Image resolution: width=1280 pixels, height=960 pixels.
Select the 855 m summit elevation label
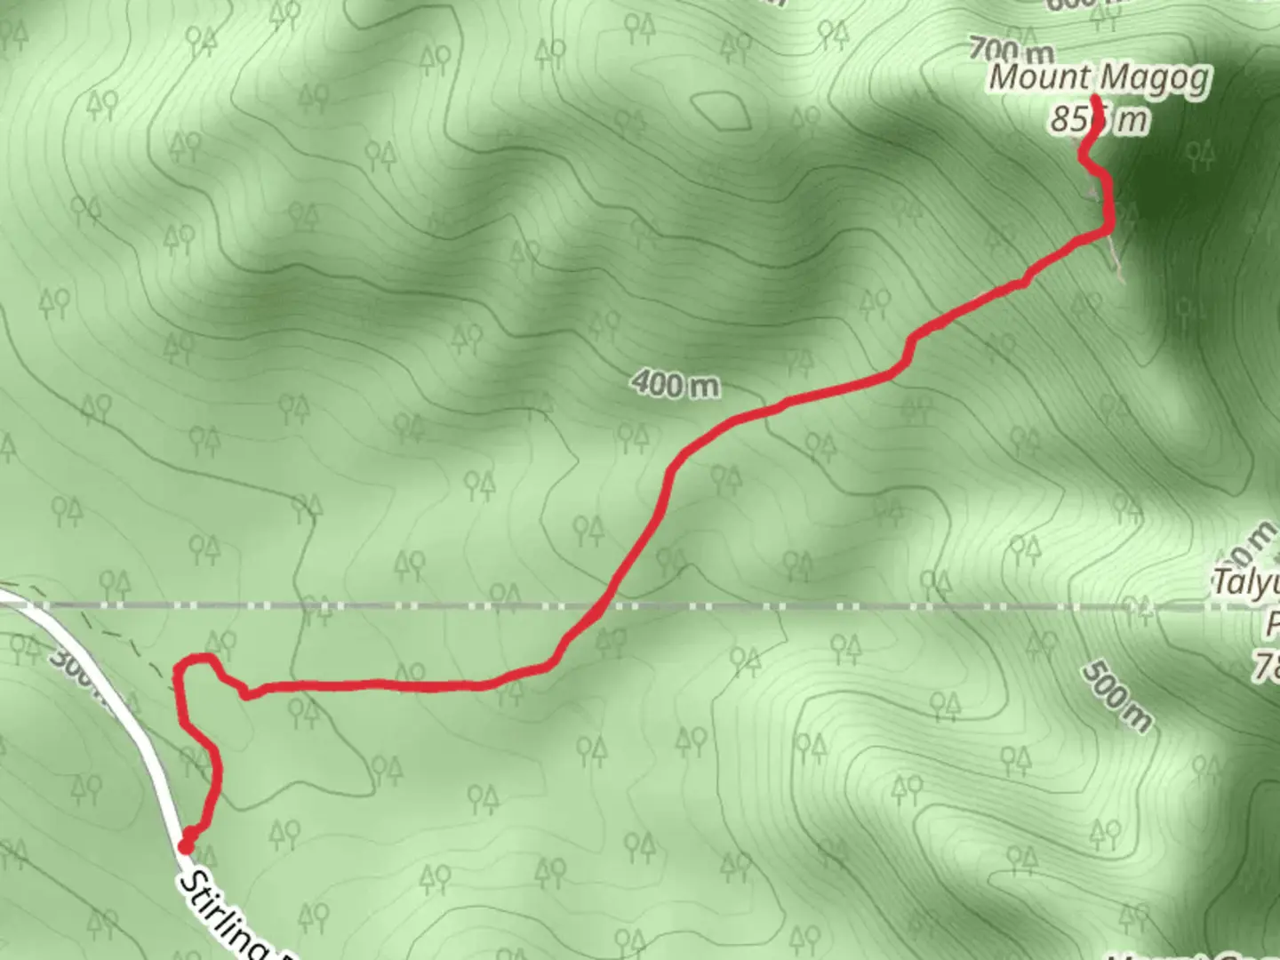tap(1099, 119)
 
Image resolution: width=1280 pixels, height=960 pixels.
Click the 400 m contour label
tap(676, 385)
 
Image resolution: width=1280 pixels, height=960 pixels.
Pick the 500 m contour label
tap(1116, 696)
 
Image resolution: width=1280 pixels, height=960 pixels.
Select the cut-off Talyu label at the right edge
tap(1246, 584)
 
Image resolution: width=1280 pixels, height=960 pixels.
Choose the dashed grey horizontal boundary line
tap(889, 607)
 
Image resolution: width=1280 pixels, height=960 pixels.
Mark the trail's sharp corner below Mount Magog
tap(1108, 230)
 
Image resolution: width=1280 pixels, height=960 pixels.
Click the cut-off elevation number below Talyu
tap(1268, 665)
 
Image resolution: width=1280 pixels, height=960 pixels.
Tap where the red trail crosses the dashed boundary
tap(597, 607)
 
